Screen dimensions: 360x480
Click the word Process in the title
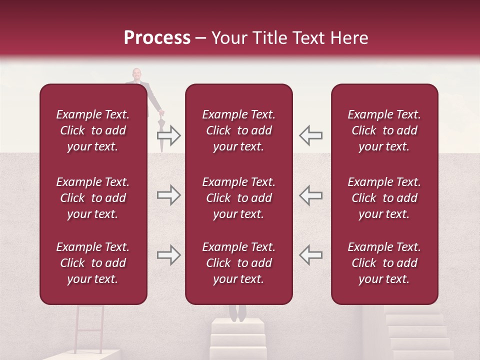(x=157, y=38)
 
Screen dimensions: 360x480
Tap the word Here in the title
(x=348, y=38)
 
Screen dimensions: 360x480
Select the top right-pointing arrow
(x=169, y=135)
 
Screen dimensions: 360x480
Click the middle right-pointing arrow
(x=169, y=195)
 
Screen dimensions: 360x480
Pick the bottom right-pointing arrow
(x=169, y=255)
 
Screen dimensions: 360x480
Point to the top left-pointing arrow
(x=310, y=135)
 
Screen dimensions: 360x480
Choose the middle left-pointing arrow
(x=310, y=195)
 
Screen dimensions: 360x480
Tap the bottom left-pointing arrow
(x=310, y=255)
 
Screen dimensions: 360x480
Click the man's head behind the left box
(x=136, y=74)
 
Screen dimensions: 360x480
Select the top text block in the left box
(x=93, y=130)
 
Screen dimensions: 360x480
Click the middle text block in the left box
(x=93, y=198)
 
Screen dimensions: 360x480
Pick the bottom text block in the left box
(x=93, y=263)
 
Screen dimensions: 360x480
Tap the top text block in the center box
(x=239, y=130)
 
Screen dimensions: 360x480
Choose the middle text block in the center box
(x=239, y=198)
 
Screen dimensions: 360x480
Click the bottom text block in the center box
(x=239, y=263)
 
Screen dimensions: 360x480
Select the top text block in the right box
(x=384, y=130)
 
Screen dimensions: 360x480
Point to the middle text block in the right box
(x=384, y=198)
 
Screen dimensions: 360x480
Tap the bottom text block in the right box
(x=384, y=263)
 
